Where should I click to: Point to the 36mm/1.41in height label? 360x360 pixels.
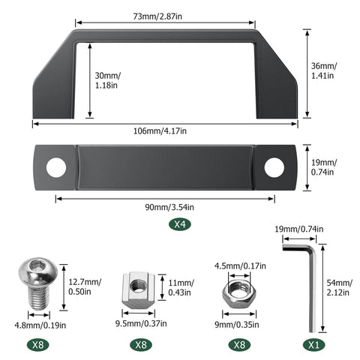click(x=324, y=70)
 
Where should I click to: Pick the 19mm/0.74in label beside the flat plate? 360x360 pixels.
click(x=324, y=167)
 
